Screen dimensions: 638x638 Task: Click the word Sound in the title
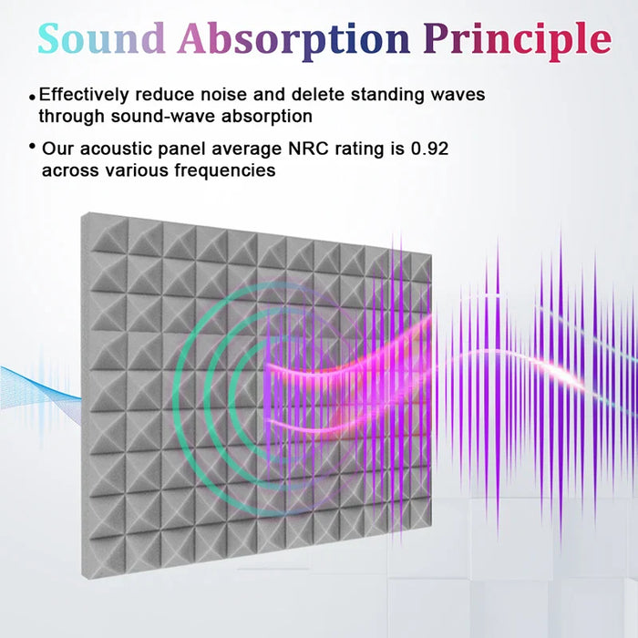tap(101, 38)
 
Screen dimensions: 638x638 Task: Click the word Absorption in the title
tap(293, 38)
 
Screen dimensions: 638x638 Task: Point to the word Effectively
tap(89, 95)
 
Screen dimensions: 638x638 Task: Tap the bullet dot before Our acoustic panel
tap(33, 147)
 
